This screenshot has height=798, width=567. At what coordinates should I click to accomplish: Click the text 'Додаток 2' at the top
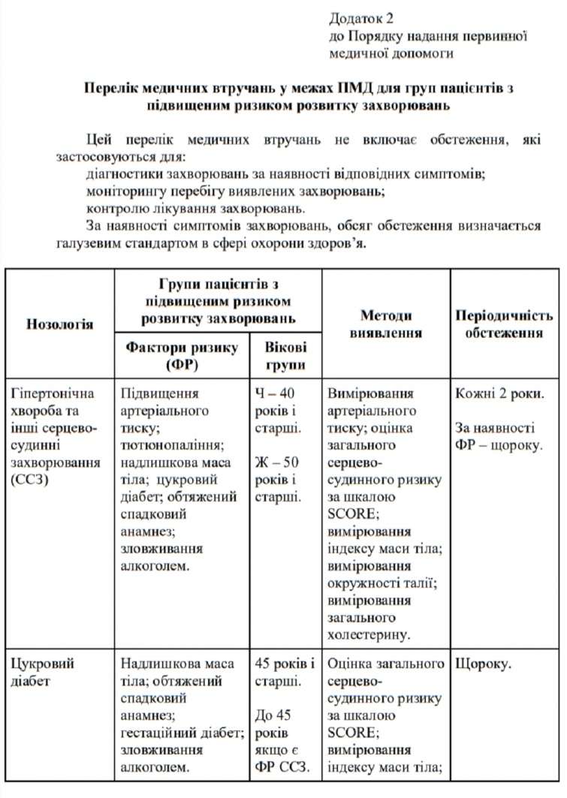tap(361, 17)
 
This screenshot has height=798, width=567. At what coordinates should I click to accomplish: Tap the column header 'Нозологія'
tap(60, 324)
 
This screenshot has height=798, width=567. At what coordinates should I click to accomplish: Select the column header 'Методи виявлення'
tap(386, 324)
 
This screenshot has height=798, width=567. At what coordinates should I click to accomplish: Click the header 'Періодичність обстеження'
tap(504, 324)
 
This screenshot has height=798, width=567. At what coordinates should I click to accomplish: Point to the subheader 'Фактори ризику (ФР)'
tap(182, 356)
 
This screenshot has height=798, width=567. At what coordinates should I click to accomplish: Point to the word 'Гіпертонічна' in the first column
tap(50, 393)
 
